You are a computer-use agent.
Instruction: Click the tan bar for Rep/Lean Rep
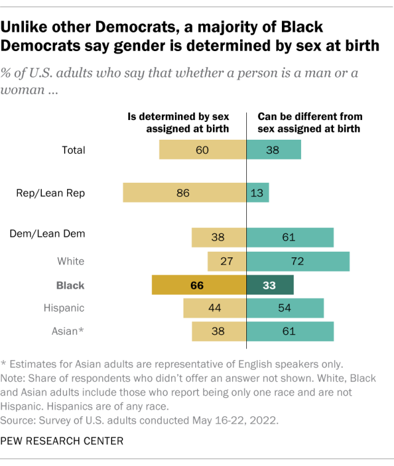click(185, 193)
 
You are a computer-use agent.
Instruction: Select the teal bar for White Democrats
click(298, 261)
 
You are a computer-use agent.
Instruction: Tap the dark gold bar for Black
click(199, 286)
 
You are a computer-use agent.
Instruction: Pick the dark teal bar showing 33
click(270, 286)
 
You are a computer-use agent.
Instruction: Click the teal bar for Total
click(274, 150)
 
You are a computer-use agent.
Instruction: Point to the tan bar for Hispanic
click(215, 307)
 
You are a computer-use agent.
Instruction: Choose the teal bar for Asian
click(290, 331)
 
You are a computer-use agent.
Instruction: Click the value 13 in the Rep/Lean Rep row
click(257, 193)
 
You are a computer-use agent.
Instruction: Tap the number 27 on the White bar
click(227, 261)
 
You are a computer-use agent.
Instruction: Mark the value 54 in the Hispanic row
click(286, 307)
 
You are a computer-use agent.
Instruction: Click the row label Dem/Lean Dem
click(47, 234)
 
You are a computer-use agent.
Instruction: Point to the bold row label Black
click(70, 286)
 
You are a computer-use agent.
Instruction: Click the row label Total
click(74, 150)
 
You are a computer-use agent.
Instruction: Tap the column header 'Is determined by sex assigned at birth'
click(178, 123)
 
